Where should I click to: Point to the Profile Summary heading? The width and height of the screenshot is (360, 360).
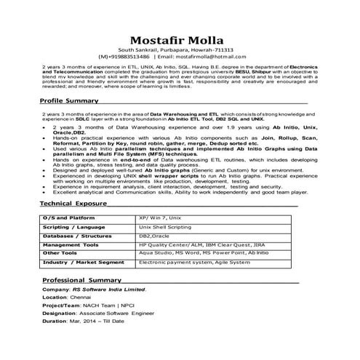(x=69, y=100)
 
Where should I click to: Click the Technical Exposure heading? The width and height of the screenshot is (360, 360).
(x=73, y=204)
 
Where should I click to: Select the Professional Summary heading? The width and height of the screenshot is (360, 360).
(x=81, y=280)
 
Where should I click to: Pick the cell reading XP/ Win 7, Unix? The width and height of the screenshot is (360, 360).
(x=164, y=218)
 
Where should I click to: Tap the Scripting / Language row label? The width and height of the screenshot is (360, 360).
(x=74, y=227)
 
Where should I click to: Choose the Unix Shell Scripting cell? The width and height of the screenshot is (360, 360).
(x=169, y=227)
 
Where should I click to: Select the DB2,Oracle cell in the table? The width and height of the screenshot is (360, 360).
(x=154, y=236)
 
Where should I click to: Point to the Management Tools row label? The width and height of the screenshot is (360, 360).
(x=71, y=245)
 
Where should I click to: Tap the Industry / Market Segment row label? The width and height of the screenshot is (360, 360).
(x=84, y=262)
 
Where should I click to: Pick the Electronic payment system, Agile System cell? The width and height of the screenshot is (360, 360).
(x=199, y=262)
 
